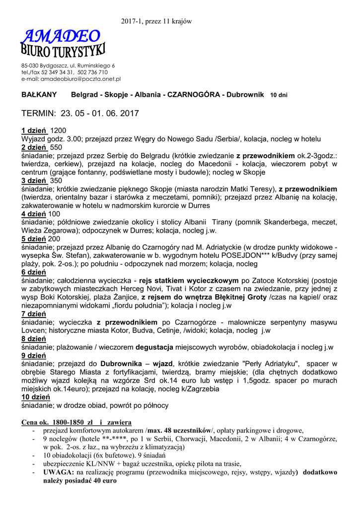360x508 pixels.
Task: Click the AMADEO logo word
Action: [x=61, y=36]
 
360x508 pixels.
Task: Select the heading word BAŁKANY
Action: [x=39, y=94]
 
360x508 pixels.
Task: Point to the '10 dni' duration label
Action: [x=265, y=95]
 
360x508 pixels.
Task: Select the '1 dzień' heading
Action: [x=34, y=130]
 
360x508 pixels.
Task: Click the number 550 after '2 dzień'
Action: [x=56, y=147]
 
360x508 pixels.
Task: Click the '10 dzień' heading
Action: [x=36, y=397]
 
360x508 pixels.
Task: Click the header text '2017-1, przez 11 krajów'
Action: [x=156, y=21]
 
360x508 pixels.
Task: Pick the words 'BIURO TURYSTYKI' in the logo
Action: [x=64, y=51]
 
